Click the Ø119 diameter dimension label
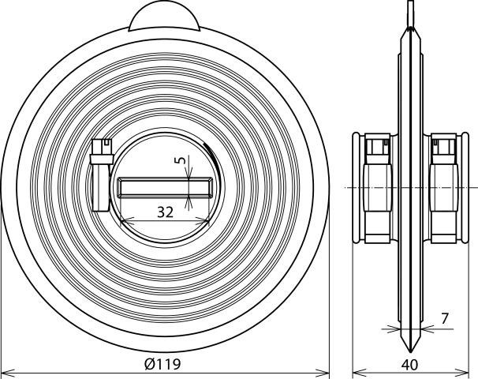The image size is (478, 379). coord(162,364)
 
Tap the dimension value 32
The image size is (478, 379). coord(165,212)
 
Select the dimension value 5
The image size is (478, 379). coord(181,160)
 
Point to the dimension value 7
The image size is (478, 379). coord(445,318)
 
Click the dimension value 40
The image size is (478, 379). coord(409,365)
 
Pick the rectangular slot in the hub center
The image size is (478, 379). coord(165,187)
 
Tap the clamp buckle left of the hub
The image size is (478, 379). coord(102,174)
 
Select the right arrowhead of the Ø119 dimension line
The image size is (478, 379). coord(322,373)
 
